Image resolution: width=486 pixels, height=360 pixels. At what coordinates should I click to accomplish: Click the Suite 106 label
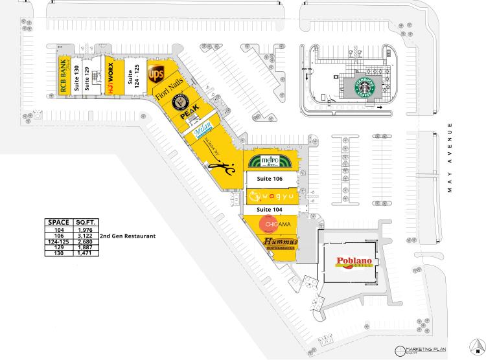pos(270,178)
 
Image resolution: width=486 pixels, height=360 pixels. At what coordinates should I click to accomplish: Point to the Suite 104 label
pos(270,210)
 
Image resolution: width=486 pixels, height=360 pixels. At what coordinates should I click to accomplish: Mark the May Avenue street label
pos(448,159)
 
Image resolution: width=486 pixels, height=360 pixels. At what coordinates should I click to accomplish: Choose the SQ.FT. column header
pos(86,221)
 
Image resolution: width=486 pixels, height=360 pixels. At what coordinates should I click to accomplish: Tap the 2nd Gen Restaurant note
pos(128,236)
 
